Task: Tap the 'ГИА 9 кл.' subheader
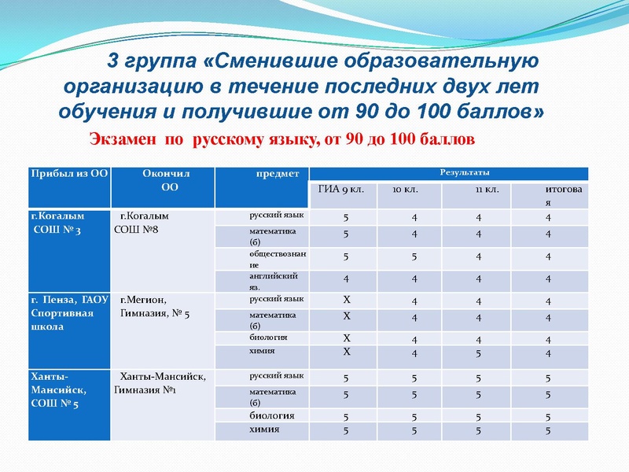click(341, 190)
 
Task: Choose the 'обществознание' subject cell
click(272, 260)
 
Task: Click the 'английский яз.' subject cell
click(272, 282)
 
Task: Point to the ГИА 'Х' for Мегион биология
click(346, 338)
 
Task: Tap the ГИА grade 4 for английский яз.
click(346, 279)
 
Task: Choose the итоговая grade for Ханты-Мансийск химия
click(547, 430)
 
